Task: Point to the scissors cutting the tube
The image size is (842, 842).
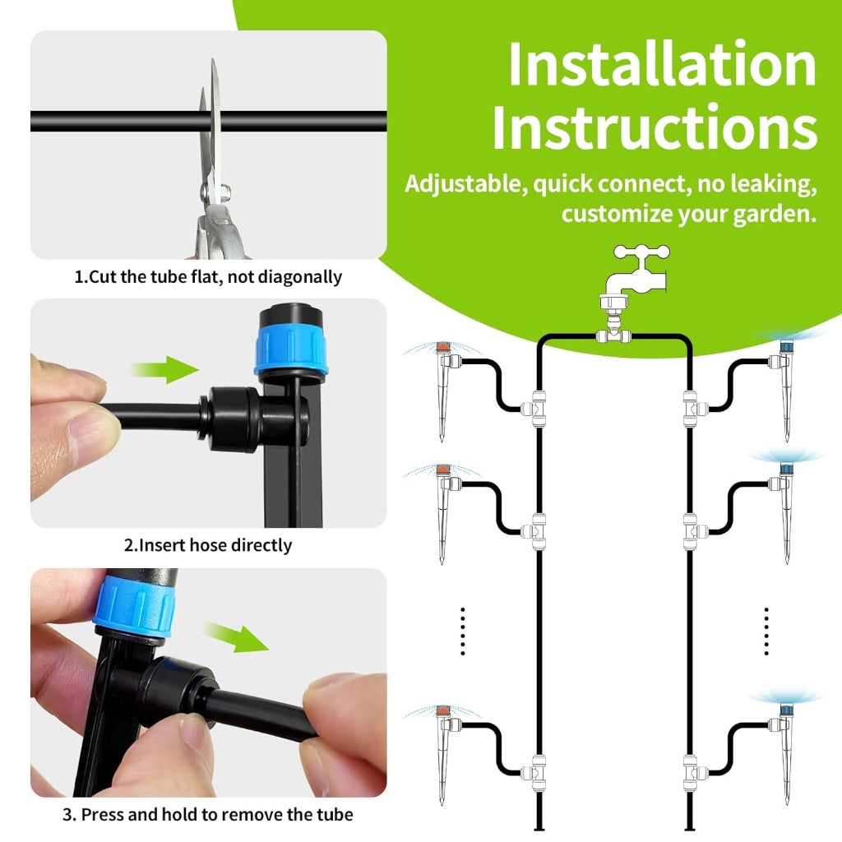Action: point(212,164)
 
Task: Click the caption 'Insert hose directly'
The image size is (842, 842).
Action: point(208,545)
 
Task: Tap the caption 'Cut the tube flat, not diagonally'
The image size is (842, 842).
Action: point(208,277)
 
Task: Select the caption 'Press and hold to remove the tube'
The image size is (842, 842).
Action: point(208,815)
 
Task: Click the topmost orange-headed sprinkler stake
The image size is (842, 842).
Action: point(443,386)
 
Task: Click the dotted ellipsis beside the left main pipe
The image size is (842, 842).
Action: point(463,631)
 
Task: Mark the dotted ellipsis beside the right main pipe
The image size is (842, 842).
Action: point(766,631)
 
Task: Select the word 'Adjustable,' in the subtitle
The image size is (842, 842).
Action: point(465,184)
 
